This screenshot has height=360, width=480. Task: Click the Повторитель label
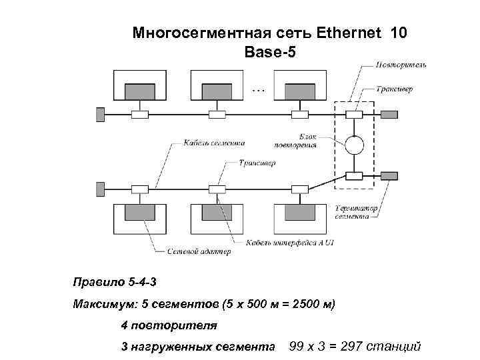click(x=402, y=65)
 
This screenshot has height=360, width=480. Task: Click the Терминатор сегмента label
click(x=357, y=211)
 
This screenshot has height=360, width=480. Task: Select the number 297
click(x=356, y=346)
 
